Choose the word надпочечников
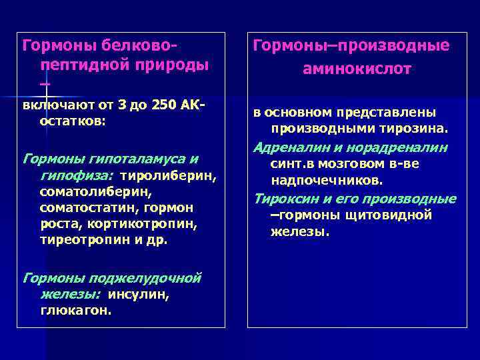click(x=327, y=180)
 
